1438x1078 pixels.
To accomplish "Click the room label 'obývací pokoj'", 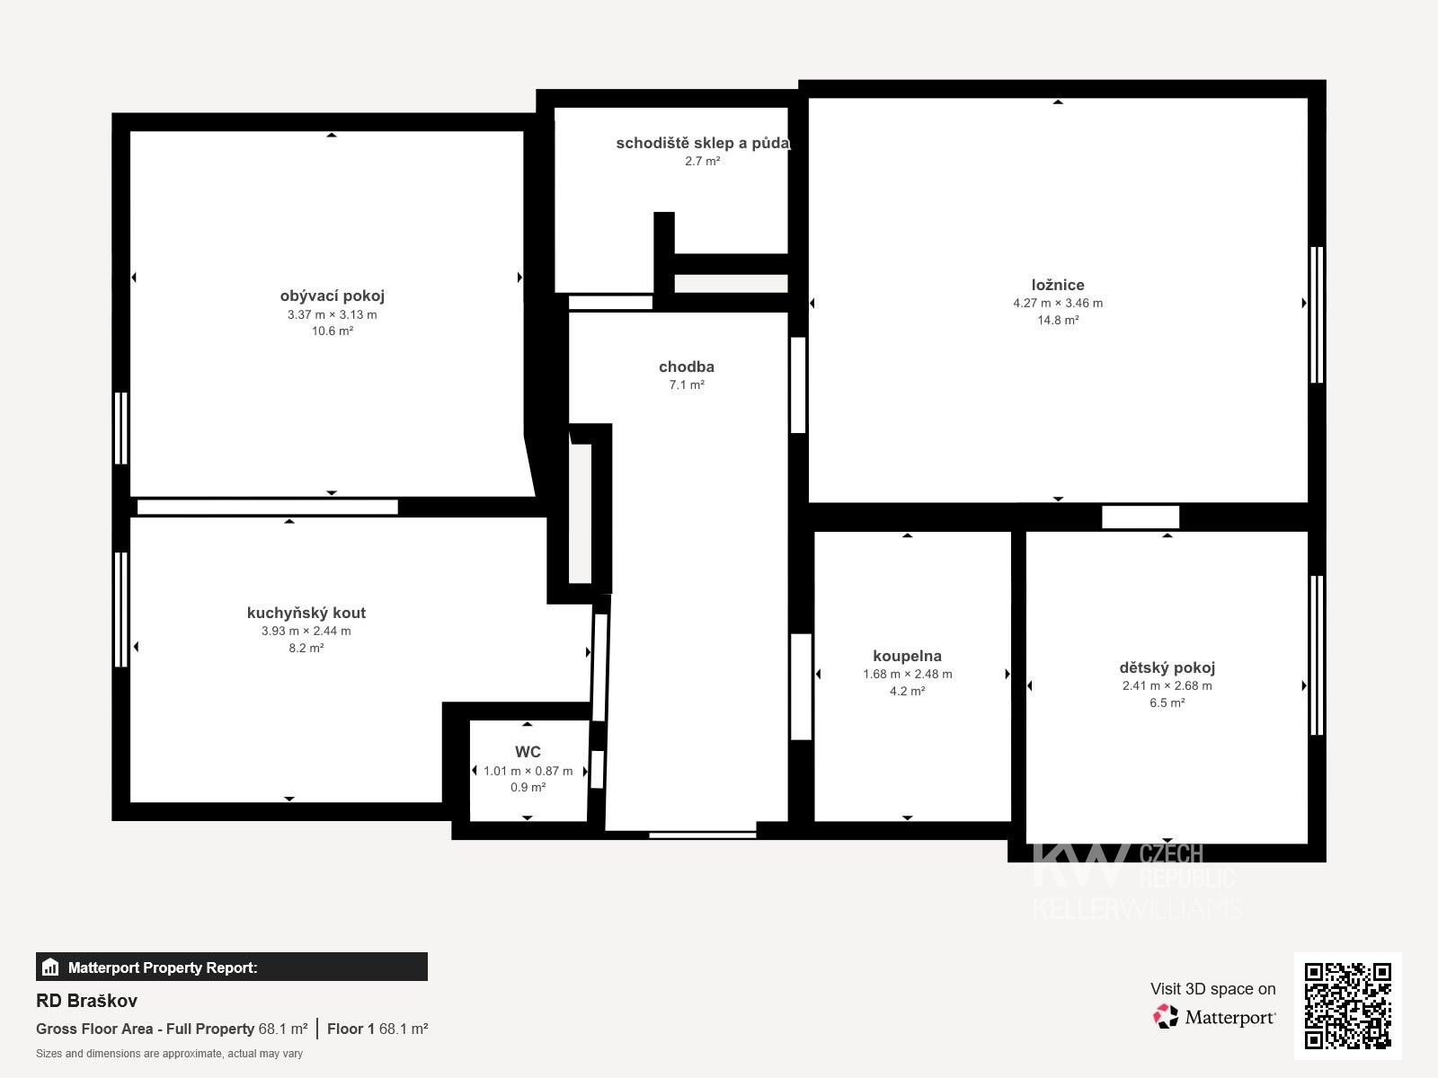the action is pos(333,296).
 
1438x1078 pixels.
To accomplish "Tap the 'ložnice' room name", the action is pos(1057,285).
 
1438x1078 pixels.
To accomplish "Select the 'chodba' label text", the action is pos(687,367).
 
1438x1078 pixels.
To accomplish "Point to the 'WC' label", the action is pos(528,751).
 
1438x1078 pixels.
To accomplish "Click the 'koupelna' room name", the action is pos(908,656).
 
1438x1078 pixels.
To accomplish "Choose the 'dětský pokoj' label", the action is pos(1167,667).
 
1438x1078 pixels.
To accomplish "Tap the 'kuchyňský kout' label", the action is pos(306,613).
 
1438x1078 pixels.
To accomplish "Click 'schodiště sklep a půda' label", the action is pos(702,143).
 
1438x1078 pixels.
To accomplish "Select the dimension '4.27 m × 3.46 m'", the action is pos(1057,303).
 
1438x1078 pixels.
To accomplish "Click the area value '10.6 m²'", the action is pos(333,331).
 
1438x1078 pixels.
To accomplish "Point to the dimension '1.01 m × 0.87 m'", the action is pos(528,771).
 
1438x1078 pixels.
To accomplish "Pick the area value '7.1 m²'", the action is pos(687,384).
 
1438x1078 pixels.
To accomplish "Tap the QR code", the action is pos(1347,1006).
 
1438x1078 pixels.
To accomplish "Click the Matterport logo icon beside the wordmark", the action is pos(1166,1017).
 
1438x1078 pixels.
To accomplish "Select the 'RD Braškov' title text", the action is pos(86,1001).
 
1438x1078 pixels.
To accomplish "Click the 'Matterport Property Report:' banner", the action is pos(231,967).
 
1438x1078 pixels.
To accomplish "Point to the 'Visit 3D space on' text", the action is pos(1212,989).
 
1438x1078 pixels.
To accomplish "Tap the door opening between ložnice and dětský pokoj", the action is pos(1141,517).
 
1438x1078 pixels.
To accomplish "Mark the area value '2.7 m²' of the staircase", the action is pos(702,161).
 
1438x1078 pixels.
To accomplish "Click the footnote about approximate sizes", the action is pos(169,1054).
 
